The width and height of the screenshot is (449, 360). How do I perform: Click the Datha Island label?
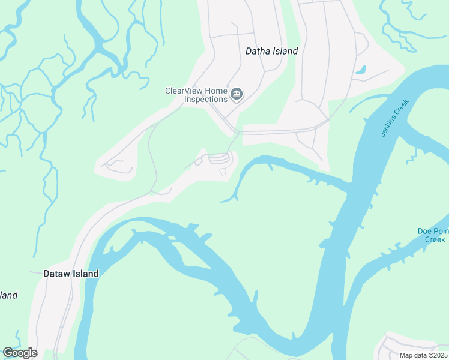point(271,51)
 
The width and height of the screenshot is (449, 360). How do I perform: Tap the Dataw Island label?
point(71,274)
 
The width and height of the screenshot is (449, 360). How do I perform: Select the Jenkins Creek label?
point(394,118)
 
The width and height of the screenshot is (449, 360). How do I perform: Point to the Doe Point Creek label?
point(432,235)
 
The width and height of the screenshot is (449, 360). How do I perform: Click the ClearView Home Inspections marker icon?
point(237,94)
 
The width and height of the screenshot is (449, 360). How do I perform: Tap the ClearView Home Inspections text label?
point(196,95)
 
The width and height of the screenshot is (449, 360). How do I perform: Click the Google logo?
point(20,353)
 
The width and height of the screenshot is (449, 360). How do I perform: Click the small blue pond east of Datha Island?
point(361,70)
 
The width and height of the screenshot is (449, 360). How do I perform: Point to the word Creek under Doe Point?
point(435,239)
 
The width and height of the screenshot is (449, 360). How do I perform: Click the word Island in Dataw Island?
point(86,274)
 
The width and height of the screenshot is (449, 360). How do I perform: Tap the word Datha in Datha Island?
point(258,51)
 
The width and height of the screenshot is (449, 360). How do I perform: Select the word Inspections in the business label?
point(205,99)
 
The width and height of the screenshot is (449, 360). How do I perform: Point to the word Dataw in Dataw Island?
point(57,274)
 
